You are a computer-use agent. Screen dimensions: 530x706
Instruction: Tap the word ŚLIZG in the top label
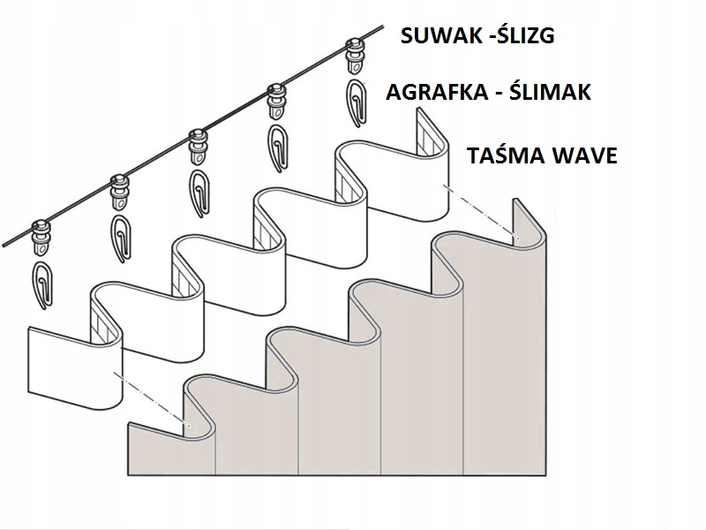(x=527, y=37)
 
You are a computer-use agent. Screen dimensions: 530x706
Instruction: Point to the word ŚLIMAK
(x=551, y=93)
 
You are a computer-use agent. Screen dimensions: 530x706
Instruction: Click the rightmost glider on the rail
(x=357, y=52)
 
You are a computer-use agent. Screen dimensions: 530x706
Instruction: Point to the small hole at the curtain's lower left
(x=189, y=427)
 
